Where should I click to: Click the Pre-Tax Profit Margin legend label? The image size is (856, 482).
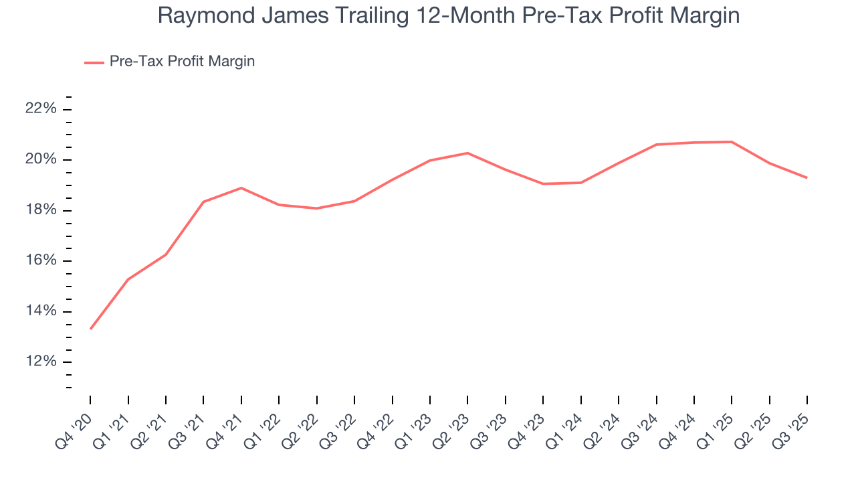tap(182, 62)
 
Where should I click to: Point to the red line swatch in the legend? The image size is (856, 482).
tap(94, 62)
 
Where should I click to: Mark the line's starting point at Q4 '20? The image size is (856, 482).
tap(90, 329)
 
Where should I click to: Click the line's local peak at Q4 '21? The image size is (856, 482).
tap(241, 187)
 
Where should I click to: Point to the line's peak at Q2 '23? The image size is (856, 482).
tap(467, 153)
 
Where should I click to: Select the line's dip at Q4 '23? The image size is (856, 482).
tap(543, 183)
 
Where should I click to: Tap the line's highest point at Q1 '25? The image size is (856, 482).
tap(732, 141)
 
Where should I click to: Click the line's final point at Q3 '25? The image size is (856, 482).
tap(807, 177)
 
